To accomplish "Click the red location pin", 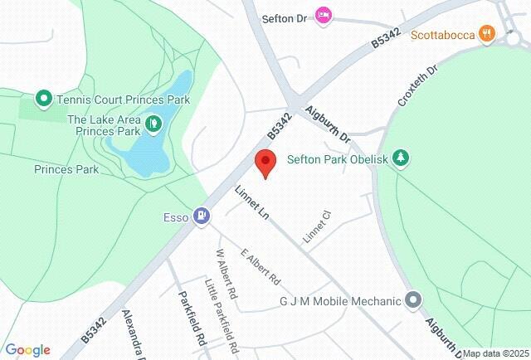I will coord(265,163).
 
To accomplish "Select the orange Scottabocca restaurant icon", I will coord(488,34).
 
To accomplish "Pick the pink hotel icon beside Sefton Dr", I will coord(324,14).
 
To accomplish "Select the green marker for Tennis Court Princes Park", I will coord(43,99).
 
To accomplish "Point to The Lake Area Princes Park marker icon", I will coord(153,124).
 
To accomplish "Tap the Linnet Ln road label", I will coord(253,202).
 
